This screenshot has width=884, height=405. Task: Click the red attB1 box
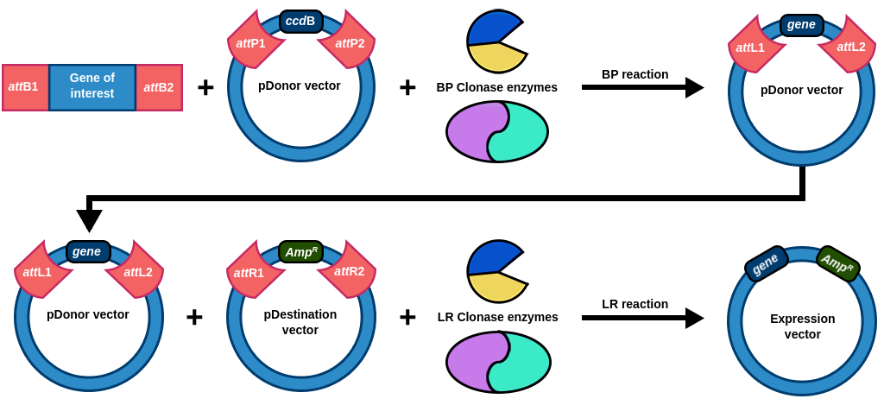coord(25,87)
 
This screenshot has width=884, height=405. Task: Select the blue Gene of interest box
coord(92,87)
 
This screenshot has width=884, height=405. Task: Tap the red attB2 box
coord(159,87)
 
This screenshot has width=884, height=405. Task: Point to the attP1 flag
coord(253,42)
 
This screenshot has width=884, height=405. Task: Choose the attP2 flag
coord(348,42)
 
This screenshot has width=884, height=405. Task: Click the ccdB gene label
coord(300,22)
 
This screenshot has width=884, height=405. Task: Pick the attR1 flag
coord(252,272)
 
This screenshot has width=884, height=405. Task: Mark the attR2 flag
coord(348,271)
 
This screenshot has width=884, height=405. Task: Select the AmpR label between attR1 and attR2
coord(300,252)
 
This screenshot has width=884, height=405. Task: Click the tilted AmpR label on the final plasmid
coord(837,263)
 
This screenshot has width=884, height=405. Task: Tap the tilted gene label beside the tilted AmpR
coord(766,264)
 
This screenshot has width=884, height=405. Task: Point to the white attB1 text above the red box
coord(23,59)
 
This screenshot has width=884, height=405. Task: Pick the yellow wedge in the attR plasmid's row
coord(496,287)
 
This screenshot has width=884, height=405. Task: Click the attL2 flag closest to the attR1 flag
coord(136,272)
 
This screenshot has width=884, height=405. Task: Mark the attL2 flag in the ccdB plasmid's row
coord(849,47)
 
